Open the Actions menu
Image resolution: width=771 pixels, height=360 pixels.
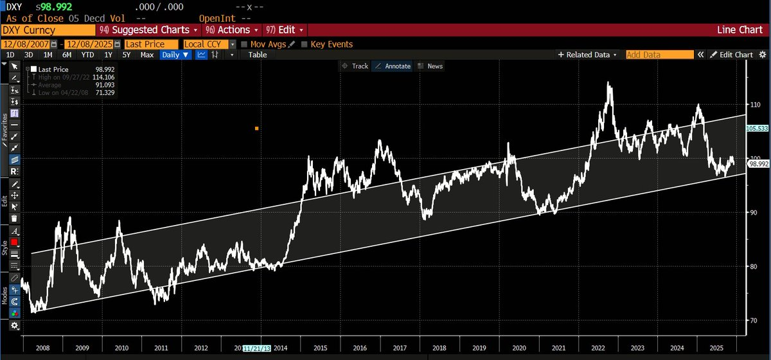(231, 30)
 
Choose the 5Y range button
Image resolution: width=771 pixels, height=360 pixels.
(127, 55)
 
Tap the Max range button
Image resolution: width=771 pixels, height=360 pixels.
(147, 55)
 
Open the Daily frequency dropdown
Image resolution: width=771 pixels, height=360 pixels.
(175, 55)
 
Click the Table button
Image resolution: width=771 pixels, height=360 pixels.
(258, 55)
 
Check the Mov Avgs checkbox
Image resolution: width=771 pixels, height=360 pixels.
(244, 44)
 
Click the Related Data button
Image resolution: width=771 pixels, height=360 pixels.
(589, 55)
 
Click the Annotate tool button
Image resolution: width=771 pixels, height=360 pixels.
(393, 66)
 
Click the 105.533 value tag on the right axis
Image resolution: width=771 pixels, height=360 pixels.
(756, 129)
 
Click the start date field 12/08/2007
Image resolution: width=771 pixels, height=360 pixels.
(26, 44)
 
